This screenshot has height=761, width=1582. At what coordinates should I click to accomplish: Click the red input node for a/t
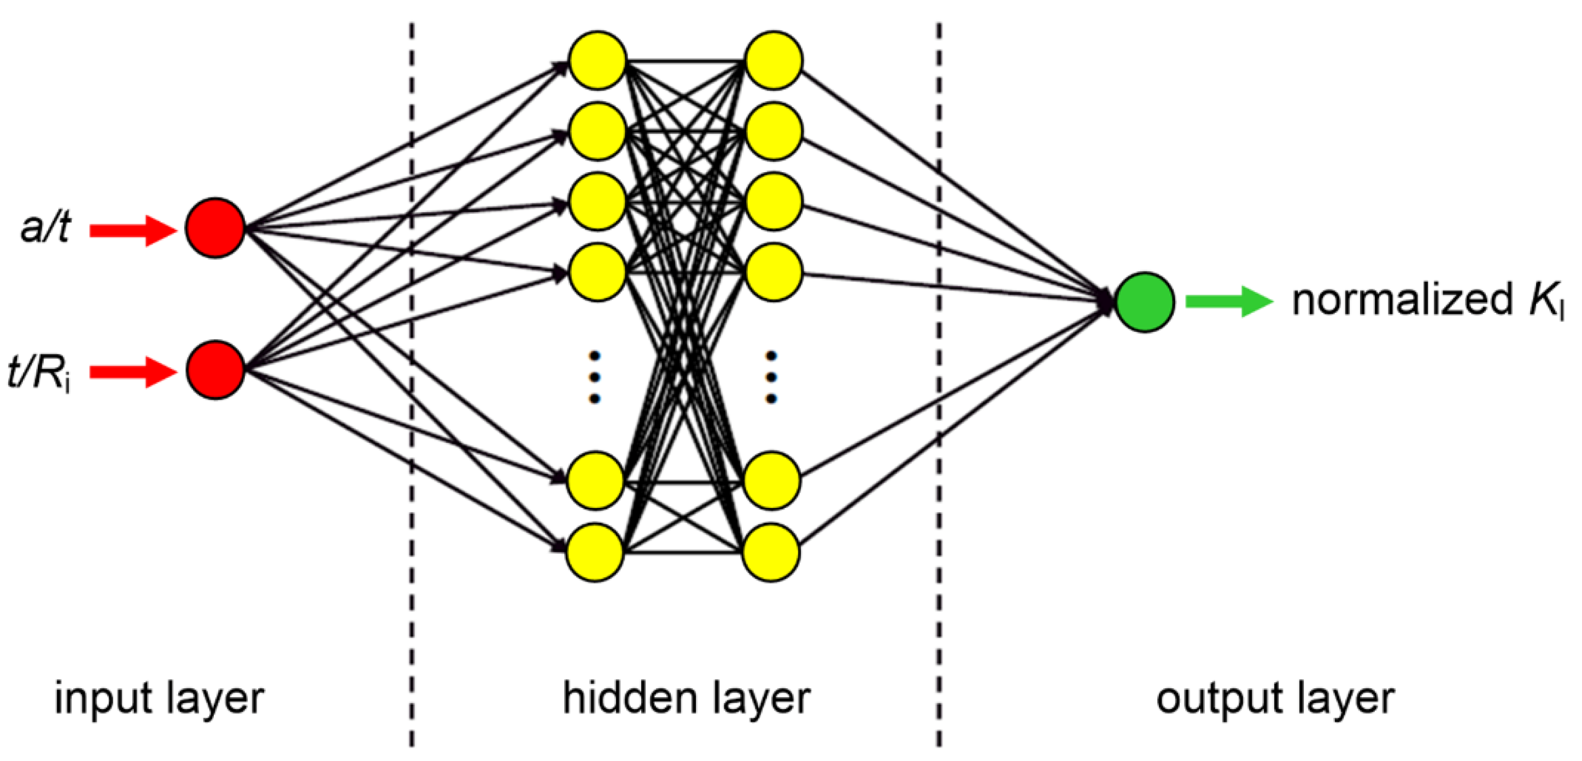tap(215, 228)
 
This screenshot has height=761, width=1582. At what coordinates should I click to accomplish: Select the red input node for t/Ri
tap(215, 370)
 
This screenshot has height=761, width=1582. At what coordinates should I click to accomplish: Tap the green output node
tap(1145, 302)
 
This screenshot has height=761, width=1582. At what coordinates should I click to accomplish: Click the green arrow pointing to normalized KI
tap(1228, 301)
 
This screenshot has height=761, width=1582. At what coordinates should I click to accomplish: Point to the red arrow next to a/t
tap(133, 230)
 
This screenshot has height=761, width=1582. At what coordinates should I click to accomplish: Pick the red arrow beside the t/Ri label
tap(133, 372)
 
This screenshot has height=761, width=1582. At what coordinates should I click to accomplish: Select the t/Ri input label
tap(38, 372)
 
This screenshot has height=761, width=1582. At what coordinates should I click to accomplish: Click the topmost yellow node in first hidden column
tap(597, 60)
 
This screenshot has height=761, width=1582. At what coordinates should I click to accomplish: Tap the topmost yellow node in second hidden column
tap(773, 60)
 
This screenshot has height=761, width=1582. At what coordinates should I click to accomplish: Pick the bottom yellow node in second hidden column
tap(771, 552)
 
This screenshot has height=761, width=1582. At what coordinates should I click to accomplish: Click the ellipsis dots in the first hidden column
tap(594, 377)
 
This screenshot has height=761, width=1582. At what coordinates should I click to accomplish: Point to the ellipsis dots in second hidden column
tap(771, 377)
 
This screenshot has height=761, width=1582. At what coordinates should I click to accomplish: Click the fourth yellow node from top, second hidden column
tap(773, 272)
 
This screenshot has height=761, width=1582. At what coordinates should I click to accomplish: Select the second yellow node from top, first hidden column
tap(597, 131)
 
